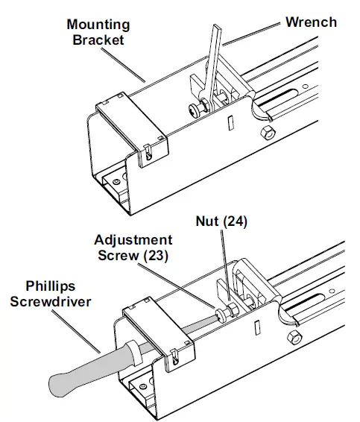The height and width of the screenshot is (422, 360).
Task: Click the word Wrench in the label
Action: pos(311,22)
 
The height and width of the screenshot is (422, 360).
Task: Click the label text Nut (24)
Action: pos(222,221)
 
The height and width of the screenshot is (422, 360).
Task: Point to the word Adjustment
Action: pos(133,240)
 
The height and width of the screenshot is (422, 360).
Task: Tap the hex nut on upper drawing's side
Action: pos(265,133)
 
